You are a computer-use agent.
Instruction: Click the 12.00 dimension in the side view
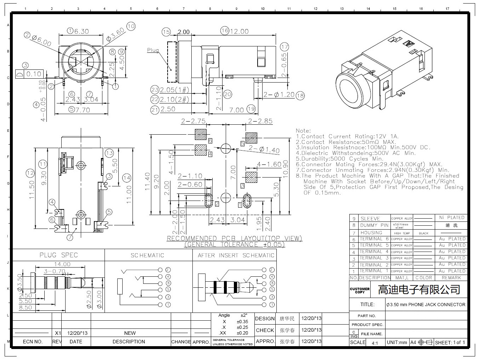click(x=240, y=32)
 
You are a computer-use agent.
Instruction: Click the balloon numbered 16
click(x=224, y=31)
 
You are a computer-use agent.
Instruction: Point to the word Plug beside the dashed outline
click(x=153, y=50)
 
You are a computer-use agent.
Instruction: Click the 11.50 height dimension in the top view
click(x=32, y=190)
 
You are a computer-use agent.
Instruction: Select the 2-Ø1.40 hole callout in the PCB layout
click(x=264, y=150)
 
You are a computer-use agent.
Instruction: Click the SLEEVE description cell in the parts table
click(x=370, y=219)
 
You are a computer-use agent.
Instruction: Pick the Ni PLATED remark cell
click(x=451, y=218)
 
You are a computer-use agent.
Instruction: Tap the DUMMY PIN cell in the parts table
click(x=374, y=225)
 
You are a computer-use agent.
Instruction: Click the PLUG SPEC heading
click(x=58, y=255)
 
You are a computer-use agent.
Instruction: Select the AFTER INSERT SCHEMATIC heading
click(x=236, y=255)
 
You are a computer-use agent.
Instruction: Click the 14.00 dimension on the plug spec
click(x=62, y=264)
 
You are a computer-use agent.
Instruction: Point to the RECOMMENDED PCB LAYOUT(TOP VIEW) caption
click(x=234, y=238)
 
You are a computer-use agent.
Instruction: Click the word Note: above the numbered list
click(x=303, y=131)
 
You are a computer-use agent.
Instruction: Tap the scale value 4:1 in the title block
click(x=375, y=343)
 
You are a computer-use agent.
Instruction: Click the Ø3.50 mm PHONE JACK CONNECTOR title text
click(x=426, y=304)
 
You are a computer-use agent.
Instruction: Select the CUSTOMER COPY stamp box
click(x=360, y=290)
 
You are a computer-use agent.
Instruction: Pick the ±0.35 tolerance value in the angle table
click(x=242, y=322)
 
